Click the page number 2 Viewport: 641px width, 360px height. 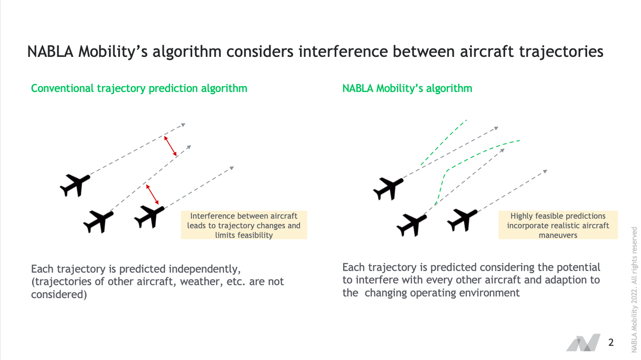pyautogui.click(x=611, y=342)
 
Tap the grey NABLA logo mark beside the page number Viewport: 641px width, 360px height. pyautogui.click(x=583, y=342)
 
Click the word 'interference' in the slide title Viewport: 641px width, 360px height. pyautogui.click(x=343, y=52)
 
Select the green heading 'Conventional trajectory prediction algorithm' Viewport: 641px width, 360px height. pyautogui.click(x=139, y=89)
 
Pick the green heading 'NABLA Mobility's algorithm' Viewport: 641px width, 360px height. pyautogui.click(x=407, y=89)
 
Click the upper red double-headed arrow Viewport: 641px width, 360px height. pyautogui.click(x=171, y=146)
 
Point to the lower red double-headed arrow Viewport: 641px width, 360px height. pyautogui.click(x=152, y=194)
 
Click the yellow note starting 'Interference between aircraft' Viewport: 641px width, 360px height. pyautogui.click(x=244, y=225)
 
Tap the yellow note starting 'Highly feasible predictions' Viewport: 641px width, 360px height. pyautogui.click(x=558, y=225)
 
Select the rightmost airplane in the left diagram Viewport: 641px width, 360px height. pyautogui.click(x=150, y=216)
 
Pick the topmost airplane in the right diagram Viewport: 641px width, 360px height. pyautogui.click(x=388, y=188)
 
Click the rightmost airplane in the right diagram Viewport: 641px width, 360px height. pyautogui.click(x=462, y=219)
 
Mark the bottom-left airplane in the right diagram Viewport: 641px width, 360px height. pyautogui.click(x=412, y=225)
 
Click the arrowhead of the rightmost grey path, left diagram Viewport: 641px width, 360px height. pyautogui.click(x=232, y=168)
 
